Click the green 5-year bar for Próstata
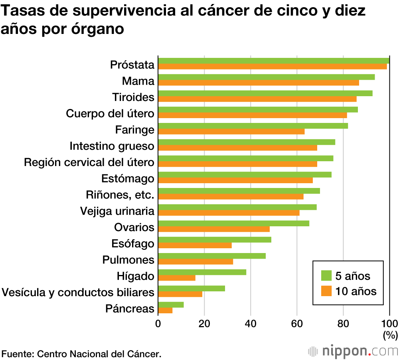tap(274, 61)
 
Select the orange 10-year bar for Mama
tap(259, 83)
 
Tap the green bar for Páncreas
tap(171, 305)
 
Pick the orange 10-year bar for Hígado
tap(177, 278)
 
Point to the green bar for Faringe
tap(253, 126)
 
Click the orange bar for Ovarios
tap(214, 229)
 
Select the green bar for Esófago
tap(215, 239)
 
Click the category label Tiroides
tap(133, 97)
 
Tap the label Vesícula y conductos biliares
tap(78, 293)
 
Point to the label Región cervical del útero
tap(89, 162)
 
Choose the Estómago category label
tap(128, 179)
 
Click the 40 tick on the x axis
tap(251, 323)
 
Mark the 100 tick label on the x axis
tap(390, 323)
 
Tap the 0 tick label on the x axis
tap(158, 323)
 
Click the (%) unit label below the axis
tap(390, 335)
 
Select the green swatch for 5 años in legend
tap(327, 275)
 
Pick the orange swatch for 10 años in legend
tap(327, 291)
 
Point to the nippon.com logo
tap(353, 351)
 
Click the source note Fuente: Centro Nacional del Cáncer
tap(82, 354)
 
